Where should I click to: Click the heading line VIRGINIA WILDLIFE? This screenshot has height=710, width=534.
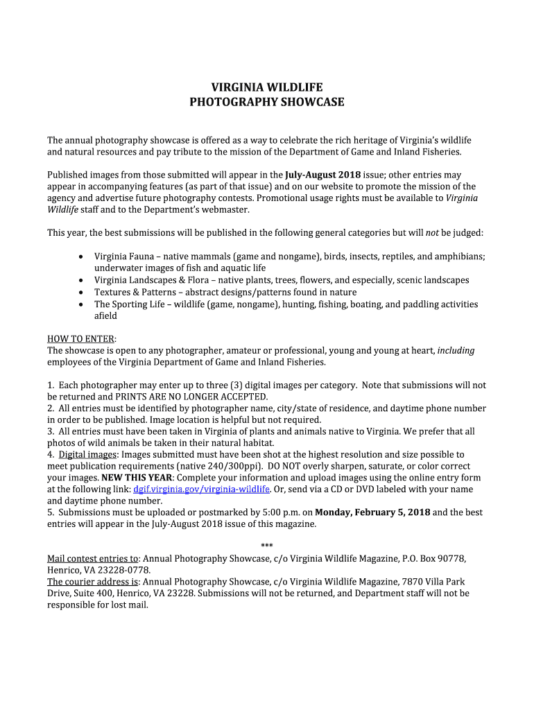267,87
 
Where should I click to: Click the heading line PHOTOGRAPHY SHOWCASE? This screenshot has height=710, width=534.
267,103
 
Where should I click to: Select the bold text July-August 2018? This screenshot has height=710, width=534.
323,175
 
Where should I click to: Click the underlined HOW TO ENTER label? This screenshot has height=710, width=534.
80,338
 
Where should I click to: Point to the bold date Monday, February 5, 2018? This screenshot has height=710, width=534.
372,512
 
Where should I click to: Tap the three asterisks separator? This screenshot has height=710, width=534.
267,547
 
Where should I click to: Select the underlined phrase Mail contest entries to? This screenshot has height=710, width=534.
93,559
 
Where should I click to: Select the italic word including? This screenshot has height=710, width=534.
456,350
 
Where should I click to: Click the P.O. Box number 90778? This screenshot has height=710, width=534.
451,559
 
